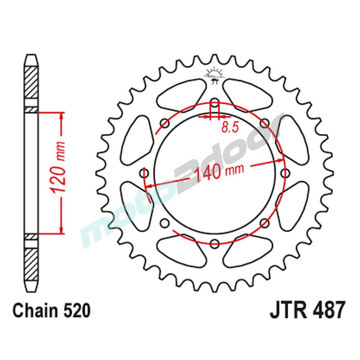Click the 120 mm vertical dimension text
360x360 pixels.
click(59, 172)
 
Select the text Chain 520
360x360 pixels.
click(51, 310)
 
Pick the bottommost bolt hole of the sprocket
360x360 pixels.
click(215, 243)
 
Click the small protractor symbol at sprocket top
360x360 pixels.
click(215, 74)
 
